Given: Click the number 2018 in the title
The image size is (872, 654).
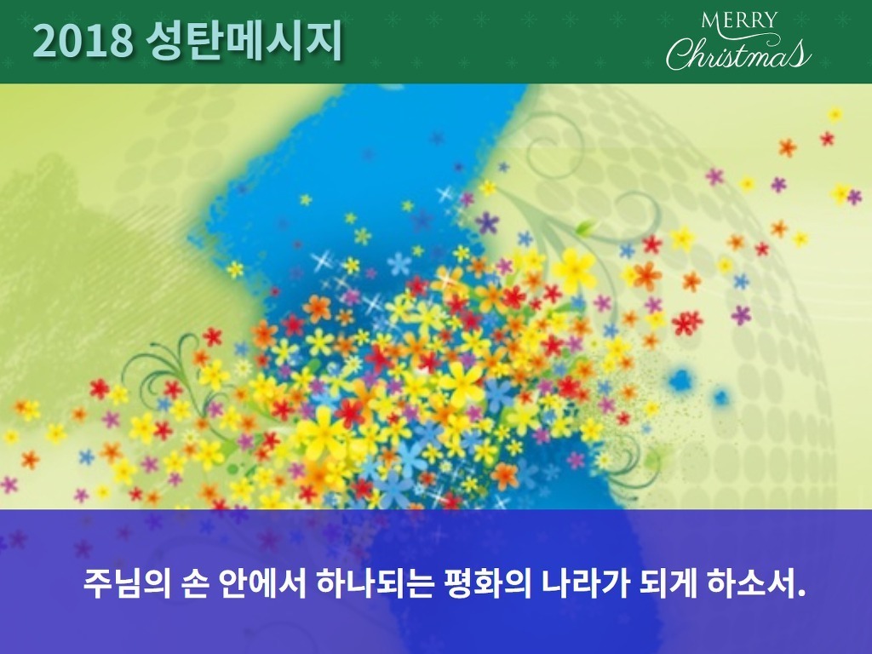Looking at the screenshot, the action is point(83,41).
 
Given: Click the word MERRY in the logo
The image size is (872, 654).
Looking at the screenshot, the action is point(738,20).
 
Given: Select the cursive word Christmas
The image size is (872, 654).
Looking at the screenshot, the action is point(738,54).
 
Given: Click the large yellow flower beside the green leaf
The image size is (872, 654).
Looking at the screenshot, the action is point(574,270).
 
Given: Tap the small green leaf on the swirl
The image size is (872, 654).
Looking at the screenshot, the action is point(585,227).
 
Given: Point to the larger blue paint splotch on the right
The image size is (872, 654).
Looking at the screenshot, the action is point(680,381).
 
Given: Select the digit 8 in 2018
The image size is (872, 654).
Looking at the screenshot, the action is point(121,41).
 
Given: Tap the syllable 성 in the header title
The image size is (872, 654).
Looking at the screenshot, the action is point(166,41).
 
